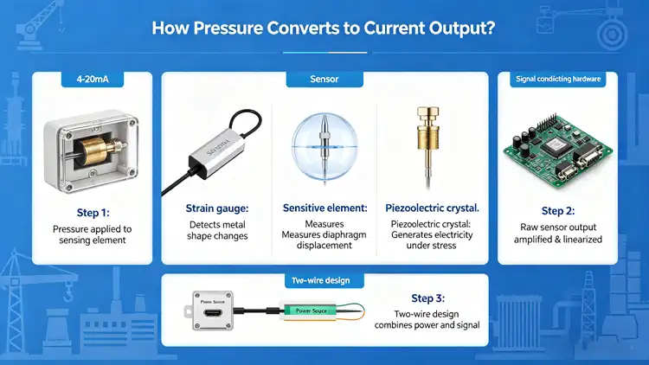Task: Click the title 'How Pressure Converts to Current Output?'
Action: coord(324,28)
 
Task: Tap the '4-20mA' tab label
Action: coord(92,80)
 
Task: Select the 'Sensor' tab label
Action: coord(324,80)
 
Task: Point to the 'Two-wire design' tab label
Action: coord(324,282)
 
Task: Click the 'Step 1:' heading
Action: coord(92,210)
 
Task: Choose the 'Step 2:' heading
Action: coord(558,210)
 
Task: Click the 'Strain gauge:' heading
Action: coord(216,208)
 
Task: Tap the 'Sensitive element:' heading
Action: coord(324,208)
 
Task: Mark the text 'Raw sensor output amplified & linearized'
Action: coord(558,233)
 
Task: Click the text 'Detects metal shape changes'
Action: coord(216,230)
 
